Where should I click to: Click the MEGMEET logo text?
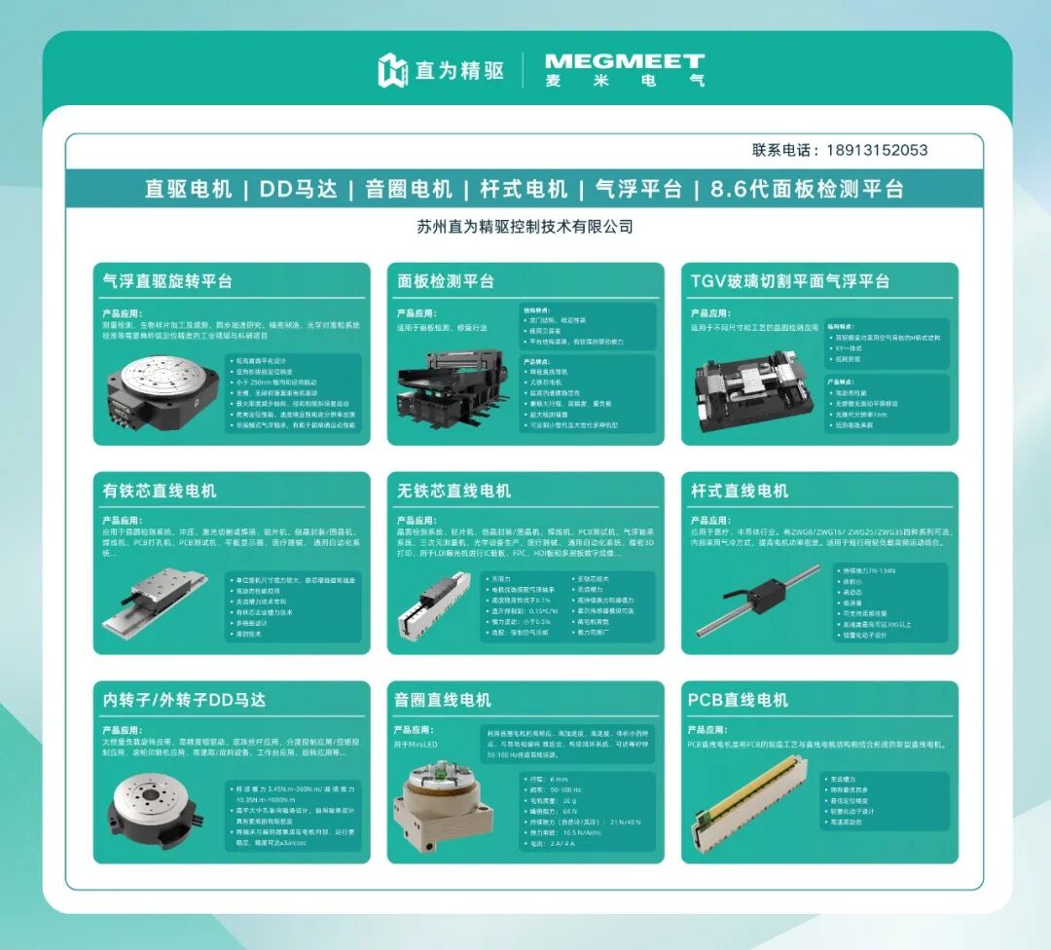[624, 63]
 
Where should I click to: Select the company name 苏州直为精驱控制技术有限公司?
[525, 227]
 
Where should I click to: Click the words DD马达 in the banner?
[296, 189]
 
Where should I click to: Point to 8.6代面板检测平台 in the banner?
[807, 189]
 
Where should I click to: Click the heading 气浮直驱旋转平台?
[167, 281]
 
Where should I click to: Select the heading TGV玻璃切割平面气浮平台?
[789, 281]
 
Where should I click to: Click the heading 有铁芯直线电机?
[160, 491]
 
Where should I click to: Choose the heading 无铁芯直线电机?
[453, 491]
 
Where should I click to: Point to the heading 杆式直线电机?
[739, 491]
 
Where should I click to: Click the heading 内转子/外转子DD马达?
[184, 700]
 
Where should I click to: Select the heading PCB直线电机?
[738, 700]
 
